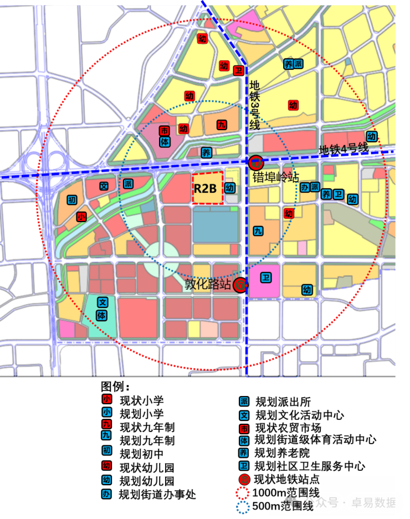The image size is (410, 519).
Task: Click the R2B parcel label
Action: click(x=208, y=188)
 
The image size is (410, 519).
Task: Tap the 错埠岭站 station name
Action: click(x=275, y=177)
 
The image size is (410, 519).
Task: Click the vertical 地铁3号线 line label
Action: click(x=254, y=106)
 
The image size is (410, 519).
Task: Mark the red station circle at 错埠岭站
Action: click(x=256, y=162)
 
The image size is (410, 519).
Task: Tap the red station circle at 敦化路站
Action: click(x=240, y=285)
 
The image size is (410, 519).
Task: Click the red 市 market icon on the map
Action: click(x=165, y=131)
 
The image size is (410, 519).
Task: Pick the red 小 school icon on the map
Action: click(x=82, y=217)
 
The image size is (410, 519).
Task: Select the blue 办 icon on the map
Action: click(x=305, y=187)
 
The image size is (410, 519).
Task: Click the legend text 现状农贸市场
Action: click(x=288, y=428)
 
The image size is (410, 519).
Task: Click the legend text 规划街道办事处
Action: click(x=157, y=494)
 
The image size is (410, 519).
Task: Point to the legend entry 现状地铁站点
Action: click(x=286, y=479)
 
